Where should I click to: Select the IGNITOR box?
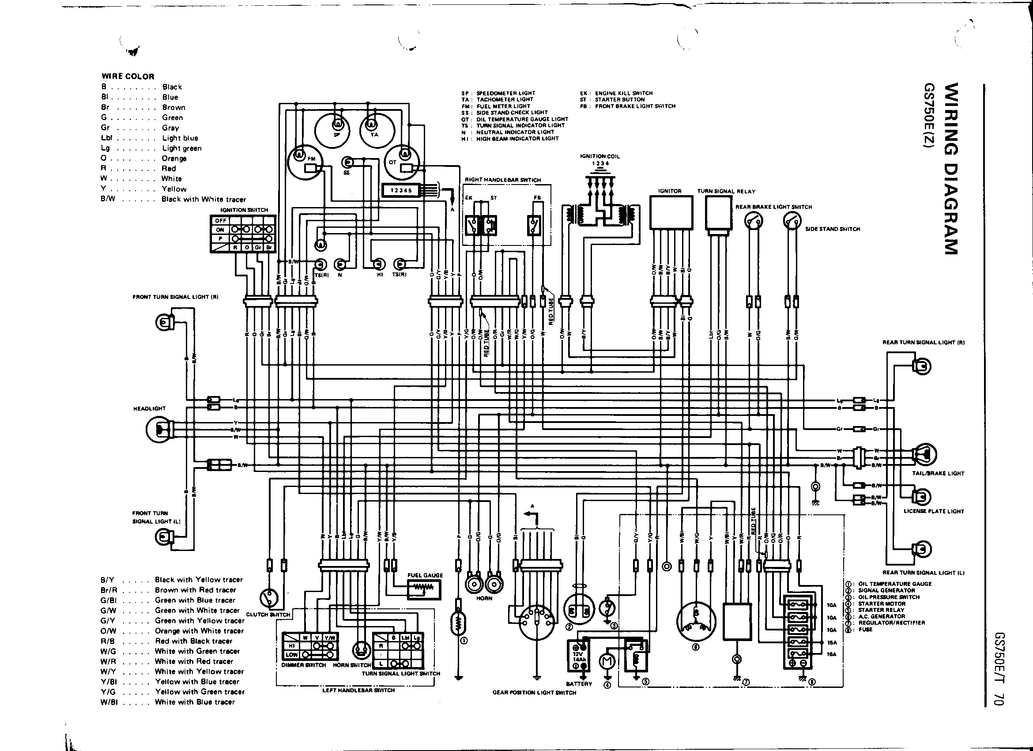tap(671, 213)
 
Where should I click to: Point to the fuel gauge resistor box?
tap(424, 590)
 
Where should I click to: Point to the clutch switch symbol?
tap(268, 597)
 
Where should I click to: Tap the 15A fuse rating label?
tap(832, 642)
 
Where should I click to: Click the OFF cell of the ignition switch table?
tap(221, 220)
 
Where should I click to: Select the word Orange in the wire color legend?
tap(174, 159)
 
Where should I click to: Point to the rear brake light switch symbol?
tap(754, 221)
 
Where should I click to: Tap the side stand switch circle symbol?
tap(792, 221)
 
